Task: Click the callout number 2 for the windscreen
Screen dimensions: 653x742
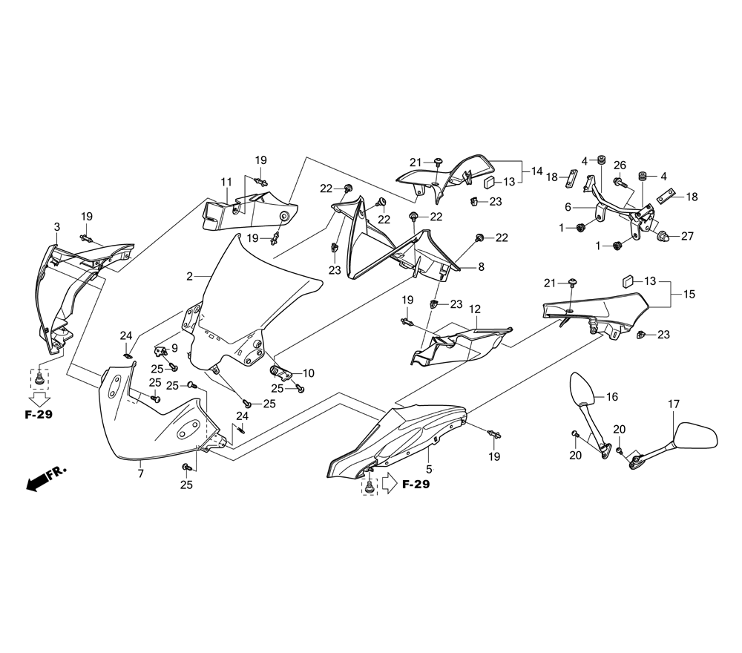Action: tap(190, 276)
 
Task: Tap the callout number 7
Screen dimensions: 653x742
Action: tap(139, 472)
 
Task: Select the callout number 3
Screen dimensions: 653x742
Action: tap(57, 226)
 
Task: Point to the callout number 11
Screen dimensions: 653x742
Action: tap(226, 182)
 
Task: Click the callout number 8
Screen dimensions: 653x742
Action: tap(481, 267)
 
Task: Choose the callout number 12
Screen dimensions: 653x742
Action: tap(475, 308)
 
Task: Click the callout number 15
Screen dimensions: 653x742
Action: tap(689, 295)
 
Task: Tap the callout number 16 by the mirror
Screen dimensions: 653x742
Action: tap(612, 397)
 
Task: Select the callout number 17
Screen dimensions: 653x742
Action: tap(673, 404)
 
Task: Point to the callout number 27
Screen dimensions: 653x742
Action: tap(687, 236)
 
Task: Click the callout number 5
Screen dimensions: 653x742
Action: tap(428, 470)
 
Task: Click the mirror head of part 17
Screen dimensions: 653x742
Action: tap(697, 436)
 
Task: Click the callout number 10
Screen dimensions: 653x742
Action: tap(309, 373)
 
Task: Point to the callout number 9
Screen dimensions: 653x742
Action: tap(174, 348)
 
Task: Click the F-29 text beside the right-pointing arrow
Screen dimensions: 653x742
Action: tap(416, 485)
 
